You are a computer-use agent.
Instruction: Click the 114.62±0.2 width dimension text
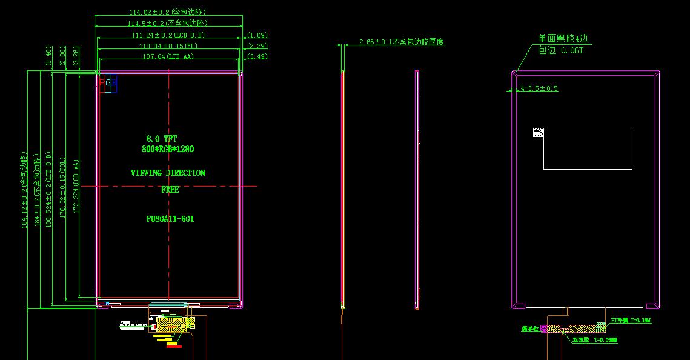click(167, 12)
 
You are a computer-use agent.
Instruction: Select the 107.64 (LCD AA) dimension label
click(168, 56)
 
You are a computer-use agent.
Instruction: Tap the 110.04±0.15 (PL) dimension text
click(168, 46)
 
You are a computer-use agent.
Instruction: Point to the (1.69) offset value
click(257, 35)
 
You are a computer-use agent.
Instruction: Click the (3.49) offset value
click(257, 56)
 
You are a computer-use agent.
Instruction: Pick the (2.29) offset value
click(257, 46)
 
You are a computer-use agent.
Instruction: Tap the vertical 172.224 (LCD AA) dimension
click(76, 187)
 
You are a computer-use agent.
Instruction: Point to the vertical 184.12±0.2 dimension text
click(24, 190)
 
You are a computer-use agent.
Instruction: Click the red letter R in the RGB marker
click(102, 82)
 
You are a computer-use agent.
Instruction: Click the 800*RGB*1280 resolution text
click(168, 148)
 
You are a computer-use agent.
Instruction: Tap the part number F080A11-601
click(170, 219)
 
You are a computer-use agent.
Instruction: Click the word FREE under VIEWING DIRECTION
click(170, 190)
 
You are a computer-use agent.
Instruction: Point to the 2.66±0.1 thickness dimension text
click(402, 42)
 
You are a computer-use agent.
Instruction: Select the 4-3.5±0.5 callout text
click(539, 88)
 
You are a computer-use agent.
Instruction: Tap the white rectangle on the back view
click(588, 148)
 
